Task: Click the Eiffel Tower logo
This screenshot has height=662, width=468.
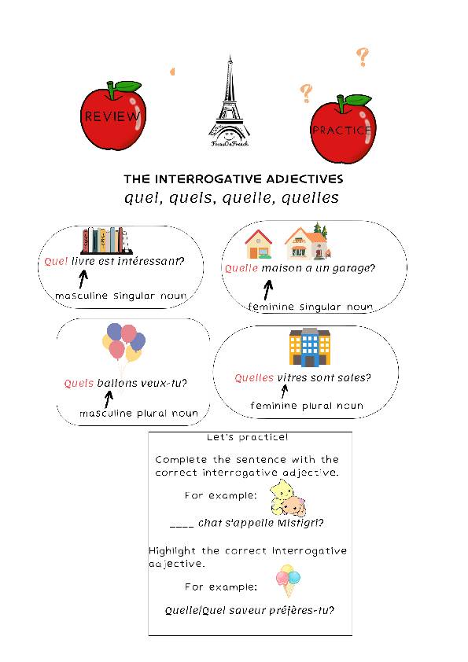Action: [x=229, y=102]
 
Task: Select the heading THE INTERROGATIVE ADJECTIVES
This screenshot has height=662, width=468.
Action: [x=234, y=179]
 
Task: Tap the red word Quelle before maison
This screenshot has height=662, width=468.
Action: [x=241, y=268]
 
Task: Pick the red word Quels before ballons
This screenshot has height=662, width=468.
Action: [x=79, y=384]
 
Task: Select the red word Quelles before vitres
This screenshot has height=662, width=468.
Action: [x=254, y=378]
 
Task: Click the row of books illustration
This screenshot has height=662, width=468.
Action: [x=105, y=239]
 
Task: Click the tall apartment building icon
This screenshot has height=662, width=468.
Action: [x=309, y=348]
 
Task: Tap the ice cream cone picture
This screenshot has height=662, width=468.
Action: [x=289, y=579]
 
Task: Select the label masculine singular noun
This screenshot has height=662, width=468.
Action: [x=120, y=296]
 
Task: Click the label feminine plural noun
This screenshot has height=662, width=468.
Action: [x=307, y=406]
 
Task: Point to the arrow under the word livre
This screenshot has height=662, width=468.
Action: [x=83, y=278]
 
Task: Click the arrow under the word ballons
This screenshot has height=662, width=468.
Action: [x=109, y=399]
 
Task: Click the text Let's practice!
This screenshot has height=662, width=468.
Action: [x=237, y=437]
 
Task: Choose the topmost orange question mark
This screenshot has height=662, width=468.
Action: [x=362, y=57]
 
